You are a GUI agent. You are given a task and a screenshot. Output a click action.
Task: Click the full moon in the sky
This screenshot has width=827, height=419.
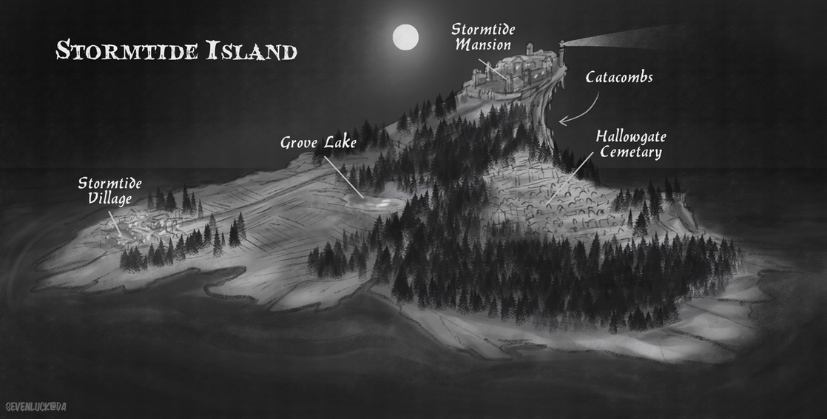405,37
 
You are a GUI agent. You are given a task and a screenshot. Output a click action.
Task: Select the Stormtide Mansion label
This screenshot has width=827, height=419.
483,37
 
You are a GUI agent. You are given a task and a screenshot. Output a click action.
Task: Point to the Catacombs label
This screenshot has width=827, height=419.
619,77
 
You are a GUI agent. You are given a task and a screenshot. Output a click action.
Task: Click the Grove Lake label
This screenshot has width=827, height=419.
318,142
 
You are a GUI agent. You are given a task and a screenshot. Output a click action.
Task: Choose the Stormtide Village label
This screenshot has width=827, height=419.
109,191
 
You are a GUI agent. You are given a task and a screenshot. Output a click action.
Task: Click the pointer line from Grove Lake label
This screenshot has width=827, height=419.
342,175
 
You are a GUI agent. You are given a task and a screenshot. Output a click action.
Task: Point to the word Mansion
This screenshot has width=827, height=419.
483,45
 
